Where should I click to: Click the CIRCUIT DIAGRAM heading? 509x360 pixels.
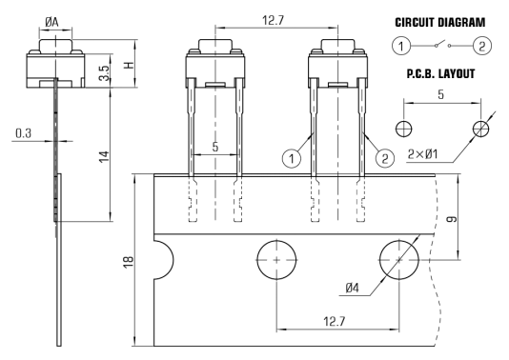pos(439,22)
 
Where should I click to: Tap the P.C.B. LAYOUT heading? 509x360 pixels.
pos(440,74)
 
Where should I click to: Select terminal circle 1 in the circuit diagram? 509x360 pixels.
pos(401,46)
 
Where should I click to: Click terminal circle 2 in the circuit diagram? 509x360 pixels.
pos(481,46)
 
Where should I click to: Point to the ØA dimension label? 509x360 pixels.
pos(51,22)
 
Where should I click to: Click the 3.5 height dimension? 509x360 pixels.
pos(105,73)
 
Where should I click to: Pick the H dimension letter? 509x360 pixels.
pos(130,65)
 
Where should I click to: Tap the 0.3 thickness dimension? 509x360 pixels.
pos(24,133)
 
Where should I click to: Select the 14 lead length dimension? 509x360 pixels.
pos(104,157)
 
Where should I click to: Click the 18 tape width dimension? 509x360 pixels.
pos(129,262)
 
